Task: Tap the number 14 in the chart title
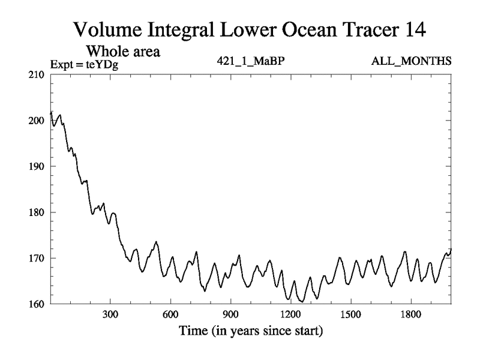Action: point(413,29)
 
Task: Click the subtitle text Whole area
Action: point(124,52)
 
